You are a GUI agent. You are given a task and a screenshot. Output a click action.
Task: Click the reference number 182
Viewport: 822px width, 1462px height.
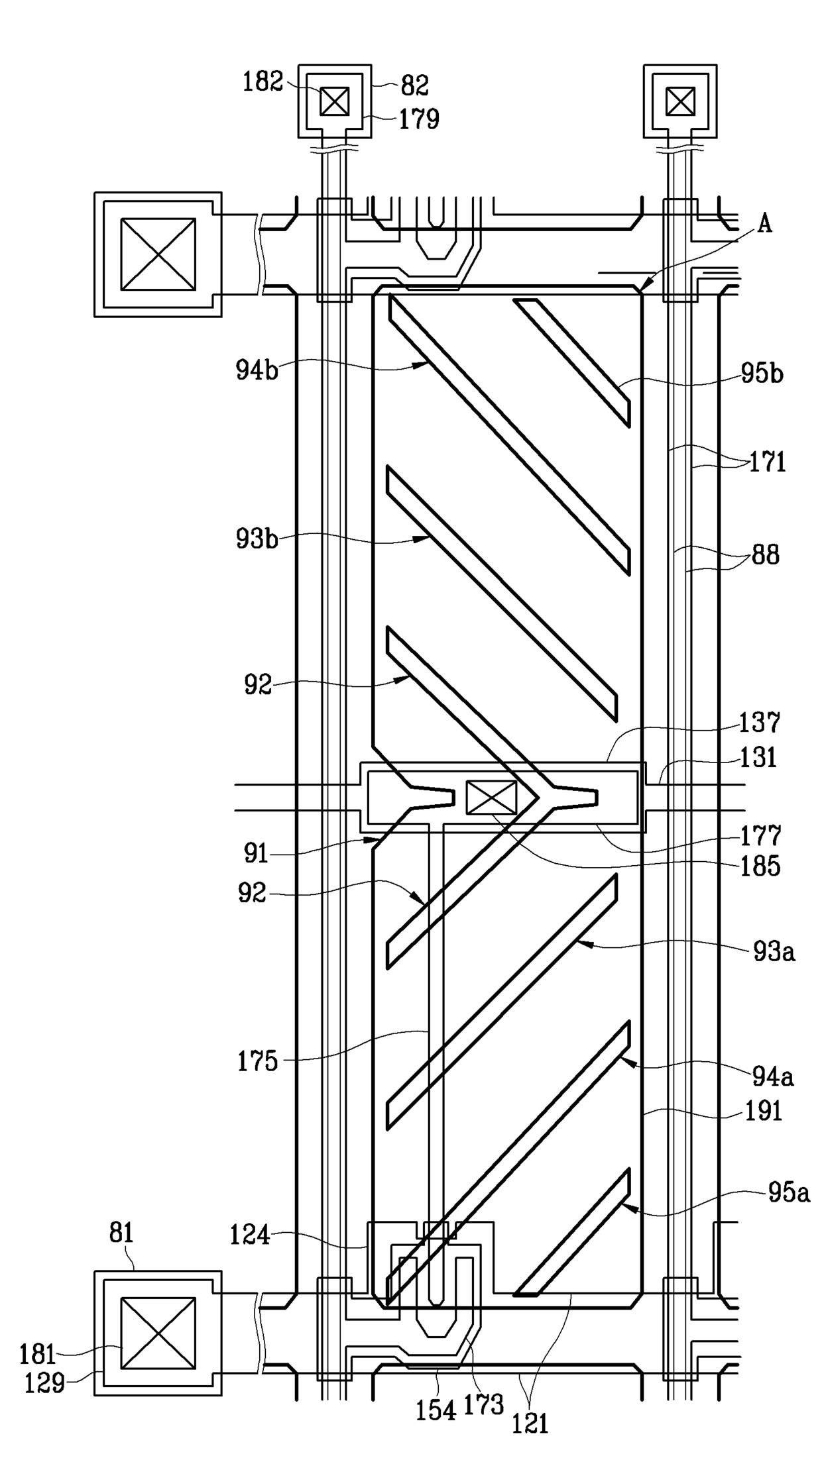click(x=263, y=82)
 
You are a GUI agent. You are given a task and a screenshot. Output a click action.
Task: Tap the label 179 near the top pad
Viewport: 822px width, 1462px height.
click(x=419, y=119)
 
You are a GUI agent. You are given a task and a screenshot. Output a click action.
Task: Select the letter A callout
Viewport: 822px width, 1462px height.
click(x=764, y=225)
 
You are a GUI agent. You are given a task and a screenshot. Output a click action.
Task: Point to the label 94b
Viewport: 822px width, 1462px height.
click(x=257, y=370)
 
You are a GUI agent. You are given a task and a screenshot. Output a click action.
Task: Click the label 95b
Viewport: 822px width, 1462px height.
click(x=762, y=374)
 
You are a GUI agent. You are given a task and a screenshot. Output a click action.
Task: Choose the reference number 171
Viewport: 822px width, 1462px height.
click(x=768, y=462)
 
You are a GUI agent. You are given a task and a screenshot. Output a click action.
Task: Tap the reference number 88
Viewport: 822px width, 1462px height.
click(x=766, y=554)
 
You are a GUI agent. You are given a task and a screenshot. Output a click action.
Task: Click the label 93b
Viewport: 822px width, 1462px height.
click(x=257, y=539)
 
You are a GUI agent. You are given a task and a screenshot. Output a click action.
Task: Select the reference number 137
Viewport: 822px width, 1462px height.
click(x=760, y=723)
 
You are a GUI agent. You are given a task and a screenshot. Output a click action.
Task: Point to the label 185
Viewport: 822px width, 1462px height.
click(x=760, y=866)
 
